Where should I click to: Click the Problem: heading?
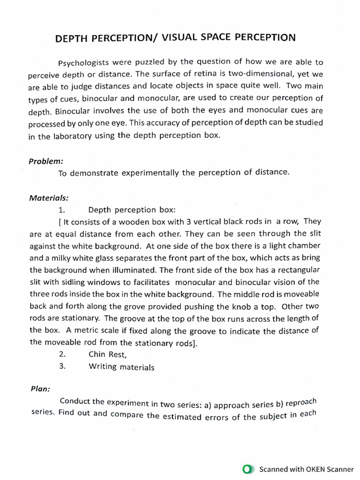point(46,161)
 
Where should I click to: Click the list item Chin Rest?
point(107,355)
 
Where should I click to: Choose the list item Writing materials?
point(121,367)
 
